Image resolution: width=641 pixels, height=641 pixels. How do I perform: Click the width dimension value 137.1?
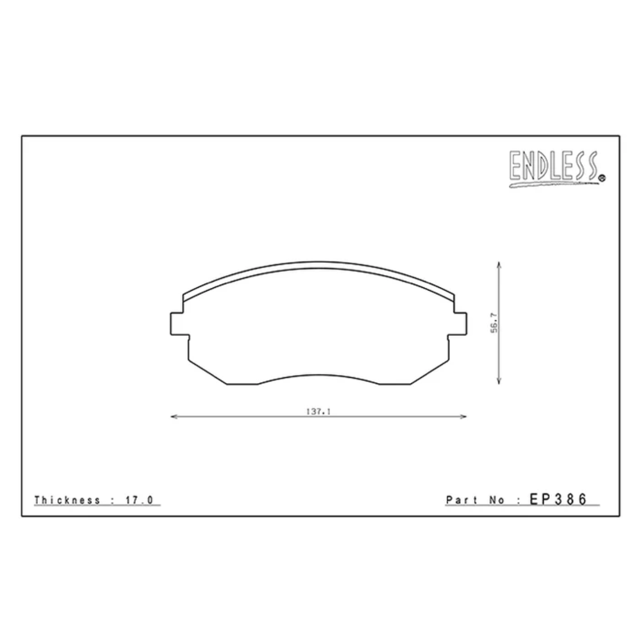coord(318,412)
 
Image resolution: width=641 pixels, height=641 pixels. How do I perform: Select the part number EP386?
coord(558,499)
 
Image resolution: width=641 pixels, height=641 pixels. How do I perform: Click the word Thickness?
coord(67,500)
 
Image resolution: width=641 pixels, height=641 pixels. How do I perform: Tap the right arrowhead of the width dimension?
coord(464,417)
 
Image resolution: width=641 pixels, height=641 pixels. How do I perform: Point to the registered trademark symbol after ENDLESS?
coord(601,179)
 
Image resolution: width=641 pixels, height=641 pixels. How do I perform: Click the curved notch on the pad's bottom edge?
coord(319,376)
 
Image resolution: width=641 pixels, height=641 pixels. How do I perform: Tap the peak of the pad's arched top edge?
coord(319,262)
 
